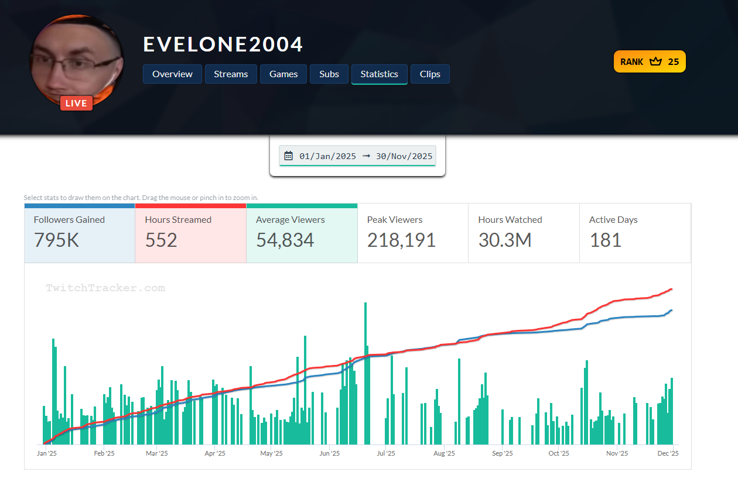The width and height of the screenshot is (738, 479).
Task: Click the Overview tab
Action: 172,74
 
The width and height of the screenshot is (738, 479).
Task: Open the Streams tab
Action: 231,74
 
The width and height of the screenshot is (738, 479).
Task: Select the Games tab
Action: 283,74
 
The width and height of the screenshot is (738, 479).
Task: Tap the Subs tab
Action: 329,74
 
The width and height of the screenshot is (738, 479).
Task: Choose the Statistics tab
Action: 379,74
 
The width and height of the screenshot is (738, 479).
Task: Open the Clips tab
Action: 430,74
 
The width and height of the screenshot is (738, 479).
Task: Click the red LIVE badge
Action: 76,104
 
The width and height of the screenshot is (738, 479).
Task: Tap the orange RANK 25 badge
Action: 650,61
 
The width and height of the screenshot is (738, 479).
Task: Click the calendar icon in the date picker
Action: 288,156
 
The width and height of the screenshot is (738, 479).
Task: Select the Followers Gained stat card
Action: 80,233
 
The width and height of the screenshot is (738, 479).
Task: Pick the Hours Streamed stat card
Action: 190,233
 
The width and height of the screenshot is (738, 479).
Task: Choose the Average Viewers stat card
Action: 302,233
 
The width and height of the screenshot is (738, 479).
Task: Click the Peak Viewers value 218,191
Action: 401,240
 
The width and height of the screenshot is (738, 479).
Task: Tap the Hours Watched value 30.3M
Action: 505,240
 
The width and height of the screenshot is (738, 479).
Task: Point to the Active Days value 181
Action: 605,240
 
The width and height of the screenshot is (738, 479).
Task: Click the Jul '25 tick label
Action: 386,453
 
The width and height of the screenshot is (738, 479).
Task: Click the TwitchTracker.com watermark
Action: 105,288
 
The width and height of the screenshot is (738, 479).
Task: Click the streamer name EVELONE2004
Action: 223,44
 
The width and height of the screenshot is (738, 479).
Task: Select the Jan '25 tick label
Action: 47,453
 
